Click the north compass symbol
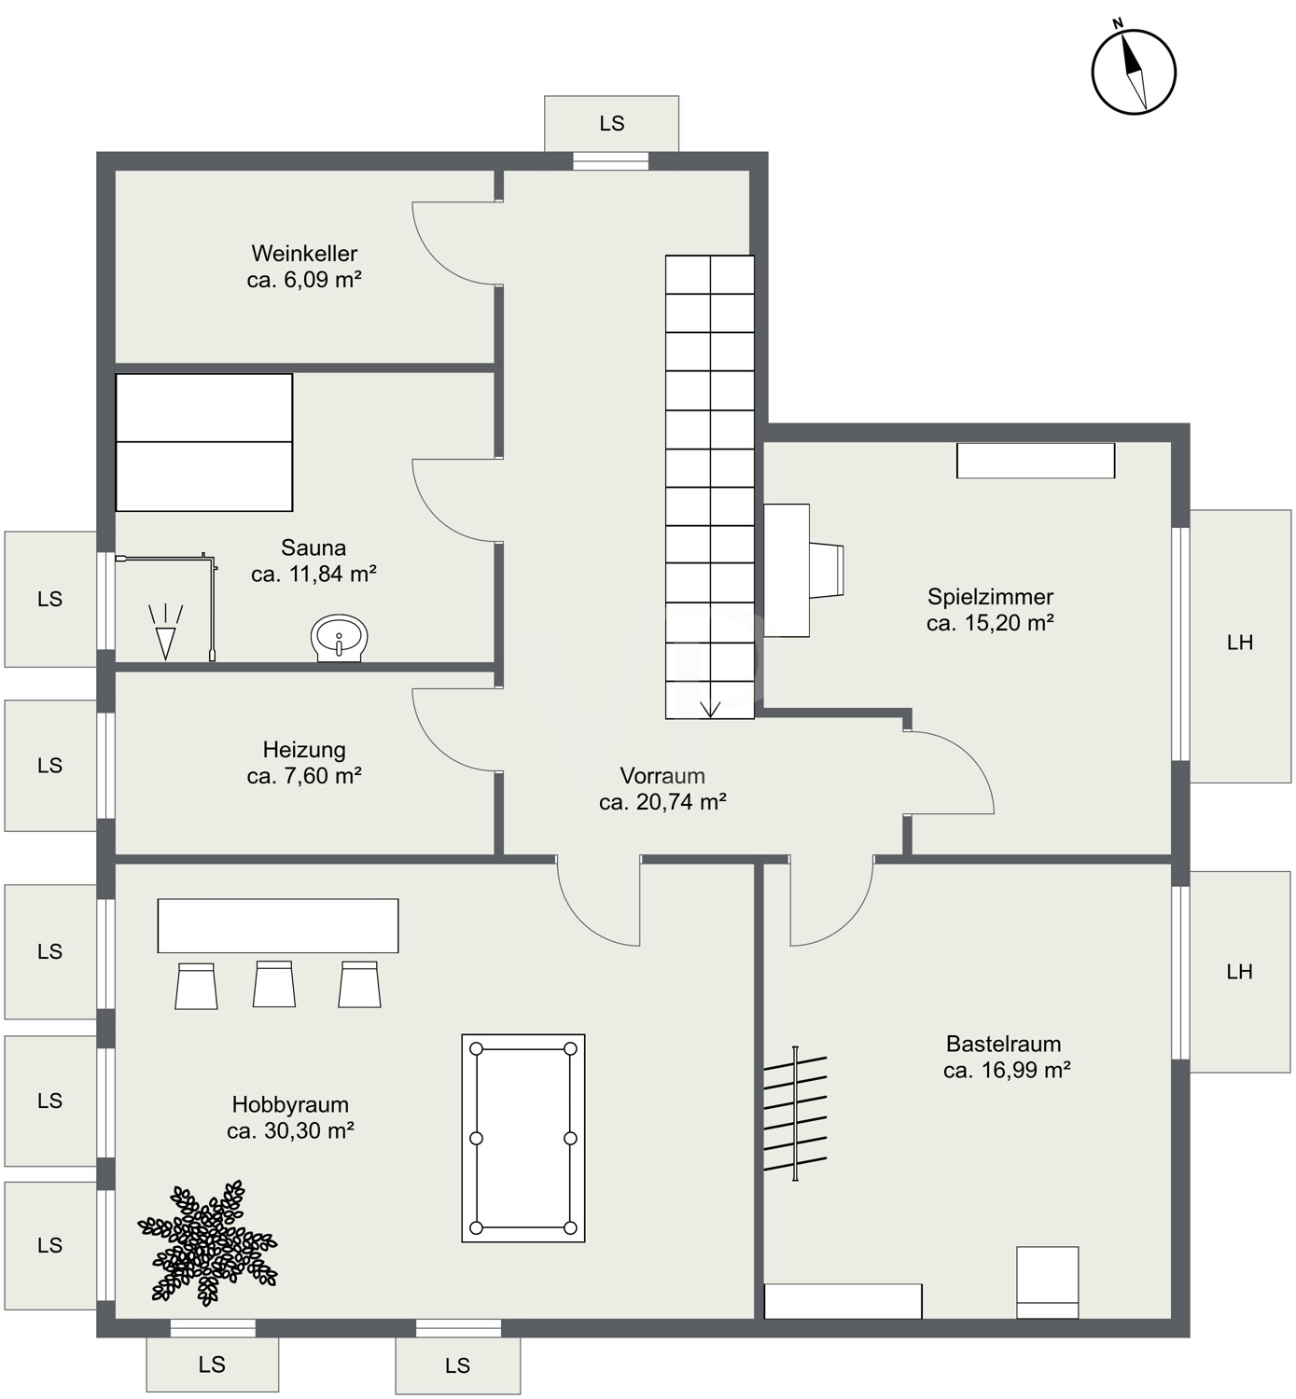1134,71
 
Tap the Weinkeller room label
304,253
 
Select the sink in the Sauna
339,638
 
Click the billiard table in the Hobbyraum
523,1138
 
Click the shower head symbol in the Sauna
165,631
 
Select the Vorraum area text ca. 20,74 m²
662,802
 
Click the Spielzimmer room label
990,597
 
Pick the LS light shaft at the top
612,123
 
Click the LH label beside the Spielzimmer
1240,643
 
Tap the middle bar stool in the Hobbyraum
274,984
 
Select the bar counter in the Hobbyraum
278,925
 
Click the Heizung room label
304,749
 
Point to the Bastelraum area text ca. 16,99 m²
1007,1070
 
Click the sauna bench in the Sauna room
203,442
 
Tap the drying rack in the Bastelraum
795,1114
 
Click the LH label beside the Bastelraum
1240,972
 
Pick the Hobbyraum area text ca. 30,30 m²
290,1130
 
